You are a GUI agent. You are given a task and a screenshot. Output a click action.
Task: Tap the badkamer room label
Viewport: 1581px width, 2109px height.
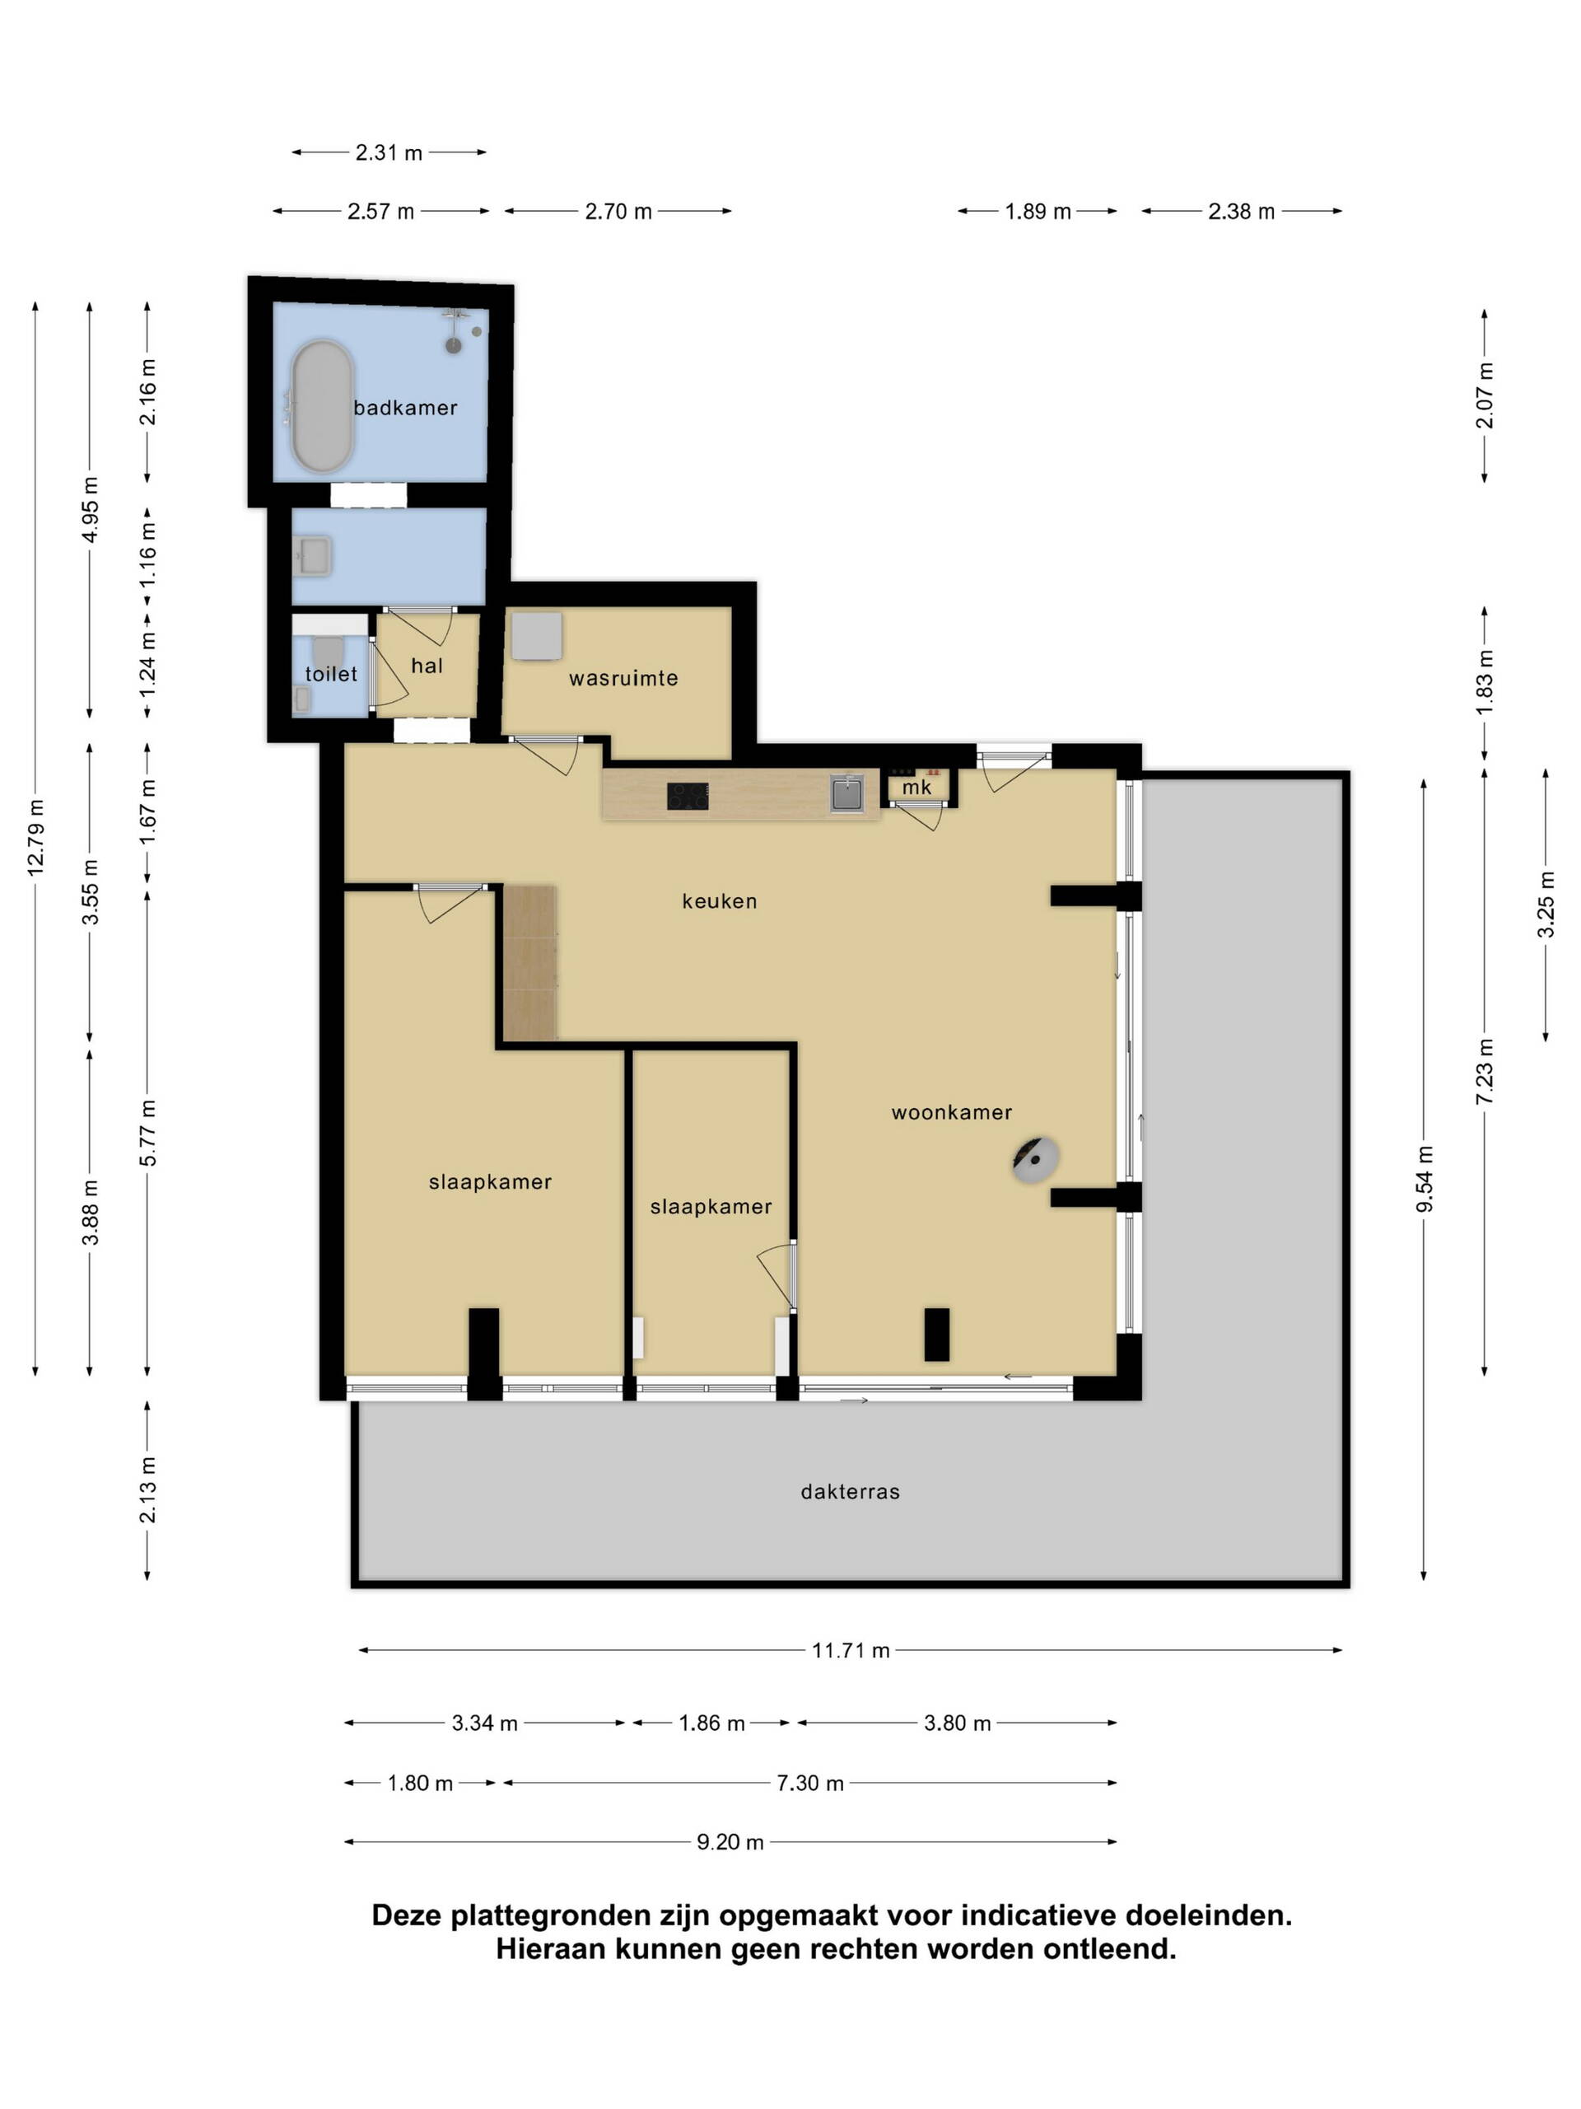click(x=405, y=408)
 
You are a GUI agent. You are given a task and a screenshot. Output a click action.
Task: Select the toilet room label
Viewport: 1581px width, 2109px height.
click(x=331, y=674)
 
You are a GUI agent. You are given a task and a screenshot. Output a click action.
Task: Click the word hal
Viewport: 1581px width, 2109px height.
click(x=427, y=666)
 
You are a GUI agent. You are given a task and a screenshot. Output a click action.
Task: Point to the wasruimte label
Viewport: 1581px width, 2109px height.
click(x=623, y=679)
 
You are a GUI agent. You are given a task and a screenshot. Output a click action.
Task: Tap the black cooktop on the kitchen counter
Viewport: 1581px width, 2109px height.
click(x=687, y=796)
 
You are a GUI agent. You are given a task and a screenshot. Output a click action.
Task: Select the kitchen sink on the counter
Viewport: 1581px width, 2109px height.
click(x=846, y=793)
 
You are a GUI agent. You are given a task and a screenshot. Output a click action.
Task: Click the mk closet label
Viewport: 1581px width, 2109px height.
click(x=916, y=788)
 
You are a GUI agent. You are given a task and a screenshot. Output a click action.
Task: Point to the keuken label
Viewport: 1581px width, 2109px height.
click(x=720, y=902)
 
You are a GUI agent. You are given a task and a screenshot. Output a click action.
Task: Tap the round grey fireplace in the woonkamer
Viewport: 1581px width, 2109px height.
click(x=1035, y=1160)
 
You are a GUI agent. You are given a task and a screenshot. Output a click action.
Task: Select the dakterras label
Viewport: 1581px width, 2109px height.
click(x=850, y=1492)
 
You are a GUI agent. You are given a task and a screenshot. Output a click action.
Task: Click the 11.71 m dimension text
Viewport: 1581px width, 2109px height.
click(x=850, y=1650)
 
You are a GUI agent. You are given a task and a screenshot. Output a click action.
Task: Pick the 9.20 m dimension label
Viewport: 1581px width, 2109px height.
click(x=730, y=1842)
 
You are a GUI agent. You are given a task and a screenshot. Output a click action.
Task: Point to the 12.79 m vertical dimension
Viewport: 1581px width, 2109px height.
click(x=35, y=838)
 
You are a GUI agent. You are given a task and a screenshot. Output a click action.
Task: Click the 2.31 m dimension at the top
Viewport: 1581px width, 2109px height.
click(x=389, y=152)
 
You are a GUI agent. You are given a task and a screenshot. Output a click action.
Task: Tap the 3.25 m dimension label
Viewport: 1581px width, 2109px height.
click(x=1545, y=904)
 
